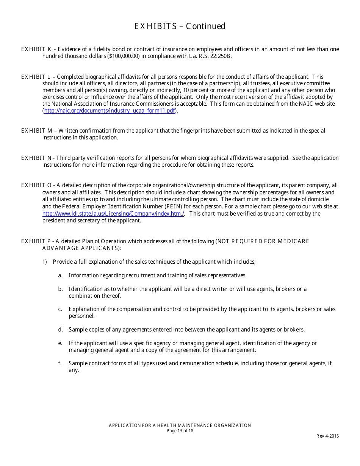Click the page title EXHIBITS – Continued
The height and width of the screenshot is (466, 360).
pos(180,26)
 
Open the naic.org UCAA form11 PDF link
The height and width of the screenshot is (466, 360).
pos(110,111)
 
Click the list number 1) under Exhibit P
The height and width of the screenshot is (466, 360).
pos(44,262)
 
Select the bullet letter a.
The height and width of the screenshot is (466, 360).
pos(60,275)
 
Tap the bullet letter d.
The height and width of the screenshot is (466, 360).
pos(60,330)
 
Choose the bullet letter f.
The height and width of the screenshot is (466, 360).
pos(60,363)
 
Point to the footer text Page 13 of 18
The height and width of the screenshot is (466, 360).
pos(180,431)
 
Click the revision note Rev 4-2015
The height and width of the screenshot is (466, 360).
pos(327,436)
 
